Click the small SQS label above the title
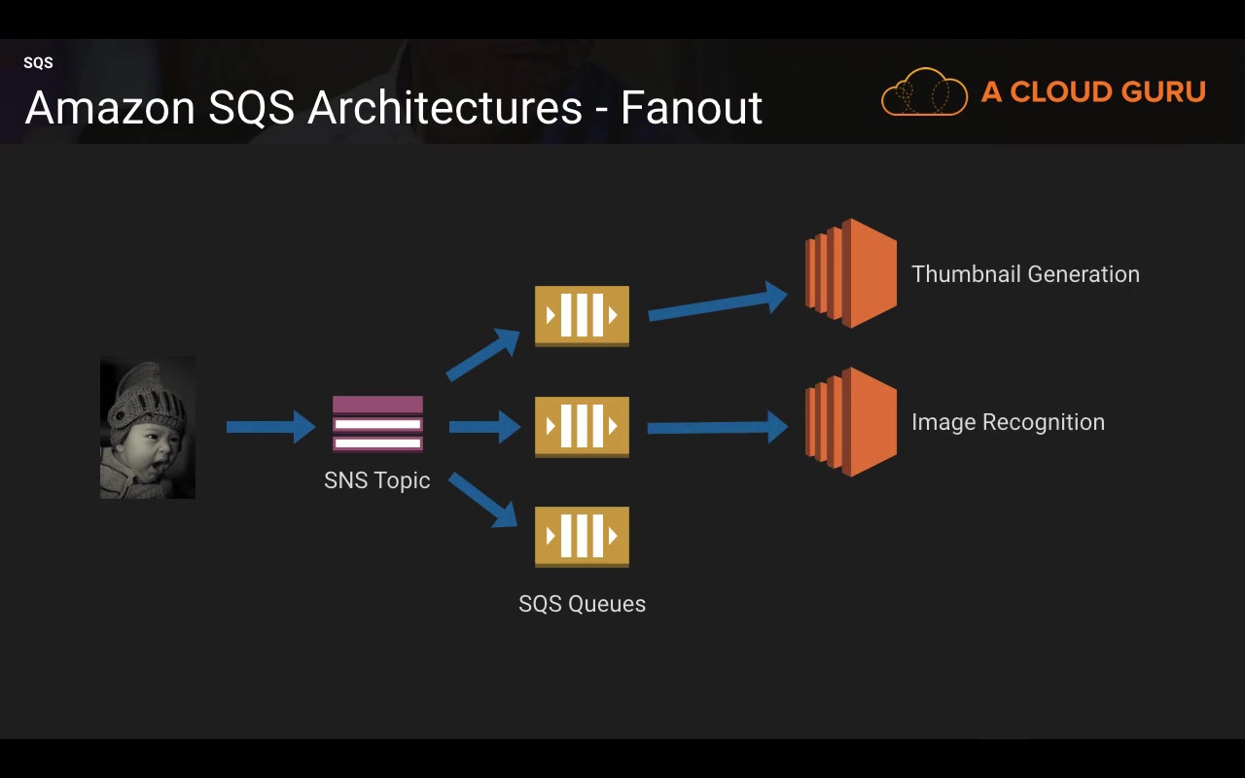tap(38, 62)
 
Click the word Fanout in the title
tap(691, 107)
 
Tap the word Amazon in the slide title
tap(110, 107)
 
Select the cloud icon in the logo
tap(924, 91)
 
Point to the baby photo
tap(147, 427)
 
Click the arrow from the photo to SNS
tap(270, 427)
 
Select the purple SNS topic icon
tap(378, 423)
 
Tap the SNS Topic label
tap(376, 480)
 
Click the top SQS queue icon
tap(582, 316)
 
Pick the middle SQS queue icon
tap(582, 427)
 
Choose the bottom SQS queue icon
tap(582, 537)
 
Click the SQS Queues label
tap(582, 604)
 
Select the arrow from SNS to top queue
tap(482, 355)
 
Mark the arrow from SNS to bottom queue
tap(482, 500)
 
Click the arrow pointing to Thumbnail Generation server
tap(718, 301)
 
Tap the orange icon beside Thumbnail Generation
tap(851, 273)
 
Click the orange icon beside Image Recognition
tap(851, 422)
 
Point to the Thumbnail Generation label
tap(1025, 274)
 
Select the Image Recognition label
tap(1009, 422)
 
